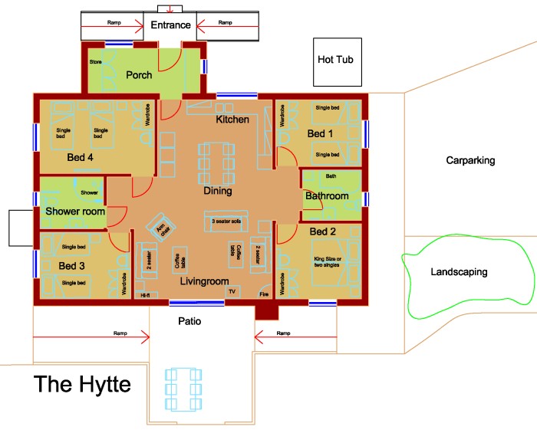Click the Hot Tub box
coord(335,60)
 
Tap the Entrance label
coord(170,25)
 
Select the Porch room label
coord(139,75)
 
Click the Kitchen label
coord(232,120)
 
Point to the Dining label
coord(217,191)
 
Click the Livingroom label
coord(205,282)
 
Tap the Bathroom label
coord(327,196)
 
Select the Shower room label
coord(74,211)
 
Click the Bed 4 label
coord(80,158)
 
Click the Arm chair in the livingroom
coord(162,228)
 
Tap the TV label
coord(229,292)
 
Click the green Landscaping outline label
coord(459,272)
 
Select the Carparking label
coord(470,161)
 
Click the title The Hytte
coord(82,383)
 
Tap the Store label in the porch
coord(95,61)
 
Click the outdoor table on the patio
coord(185,389)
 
